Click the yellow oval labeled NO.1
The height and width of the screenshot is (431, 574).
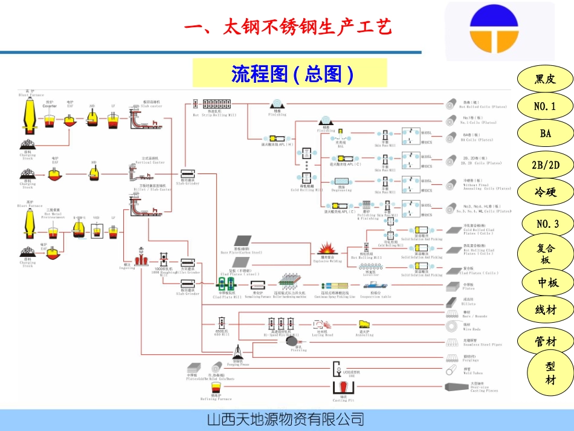click(545, 106)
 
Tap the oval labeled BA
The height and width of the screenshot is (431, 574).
click(546, 134)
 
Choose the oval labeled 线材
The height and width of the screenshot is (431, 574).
click(545, 310)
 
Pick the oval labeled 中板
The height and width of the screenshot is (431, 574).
click(545, 282)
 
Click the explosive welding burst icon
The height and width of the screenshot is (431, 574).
click(327, 248)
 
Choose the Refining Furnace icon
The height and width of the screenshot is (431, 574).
click(213, 387)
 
